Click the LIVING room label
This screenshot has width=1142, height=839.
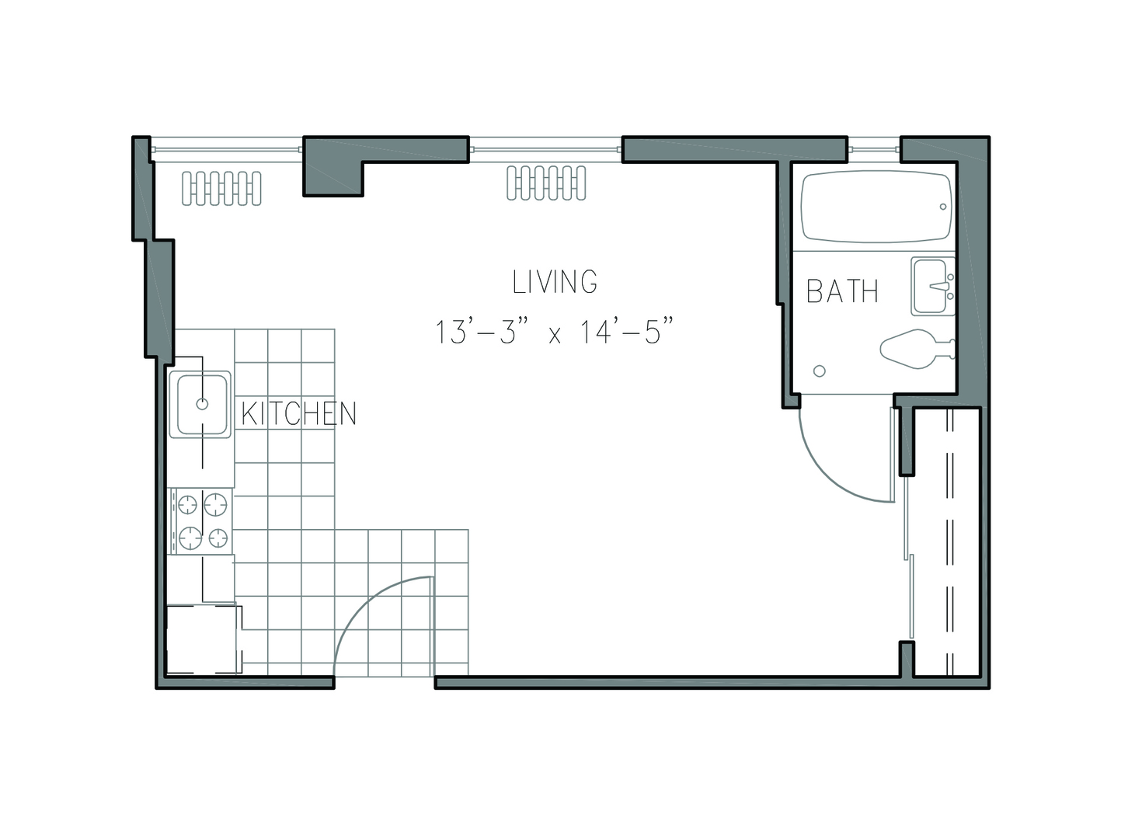pyautogui.click(x=555, y=282)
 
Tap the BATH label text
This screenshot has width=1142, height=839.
pyautogui.click(x=842, y=291)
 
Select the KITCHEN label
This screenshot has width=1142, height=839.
pyautogui.click(x=299, y=413)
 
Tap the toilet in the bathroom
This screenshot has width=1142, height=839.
pyautogui.click(x=917, y=349)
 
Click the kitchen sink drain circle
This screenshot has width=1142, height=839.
pyautogui.click(x=203, y=404)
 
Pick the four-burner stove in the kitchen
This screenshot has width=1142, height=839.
pyautogui.click(x=201, y=521)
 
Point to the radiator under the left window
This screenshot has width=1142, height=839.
pyautogui.click(x=221, y=189)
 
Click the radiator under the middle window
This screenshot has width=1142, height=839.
pyautogui.click(x=546, y=183)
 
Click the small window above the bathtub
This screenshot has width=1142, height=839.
pyautogui.click(x=874, y=149)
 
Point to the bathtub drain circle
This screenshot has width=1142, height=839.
pyautogui.click(x=943, y=207)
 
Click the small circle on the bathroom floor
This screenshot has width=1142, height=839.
pyautogui.click(x=820, y=371)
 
